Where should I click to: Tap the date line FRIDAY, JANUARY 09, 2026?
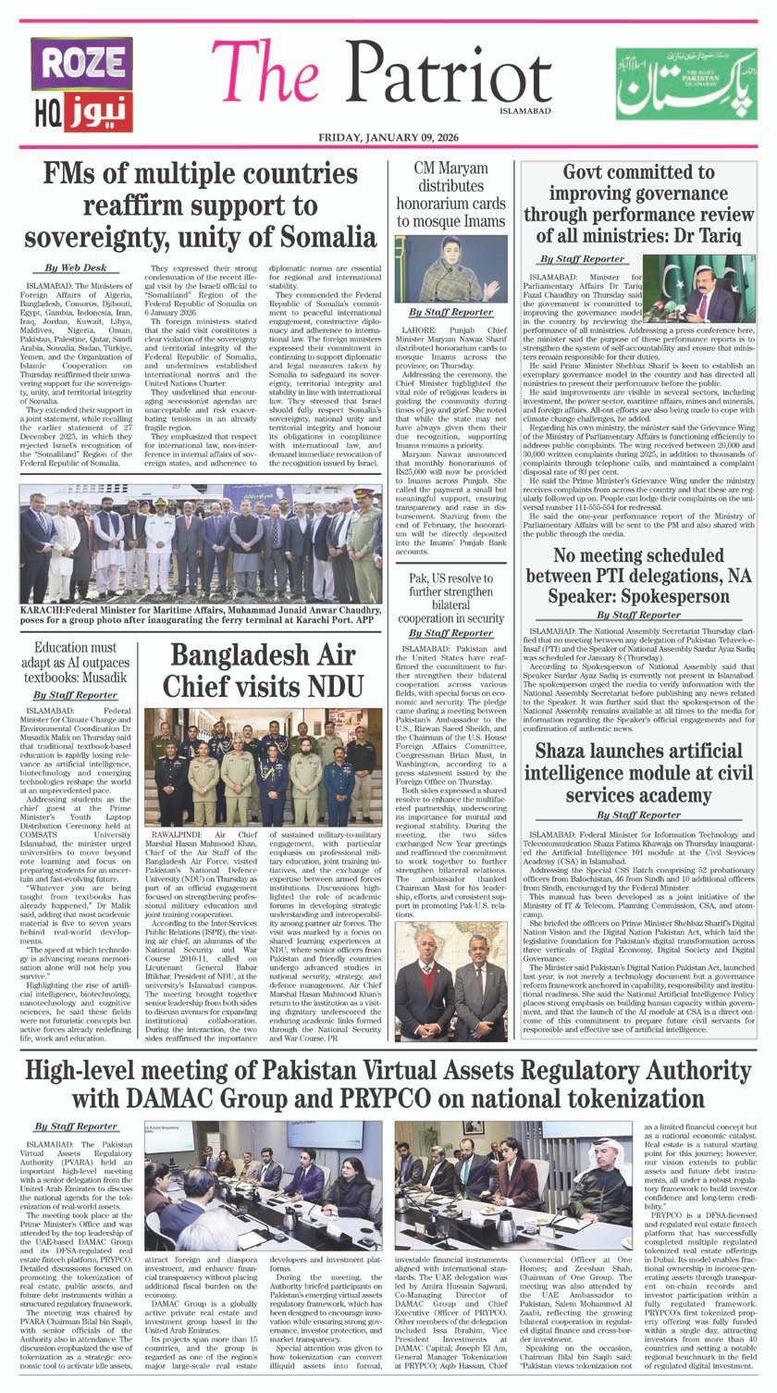coord(388,137)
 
